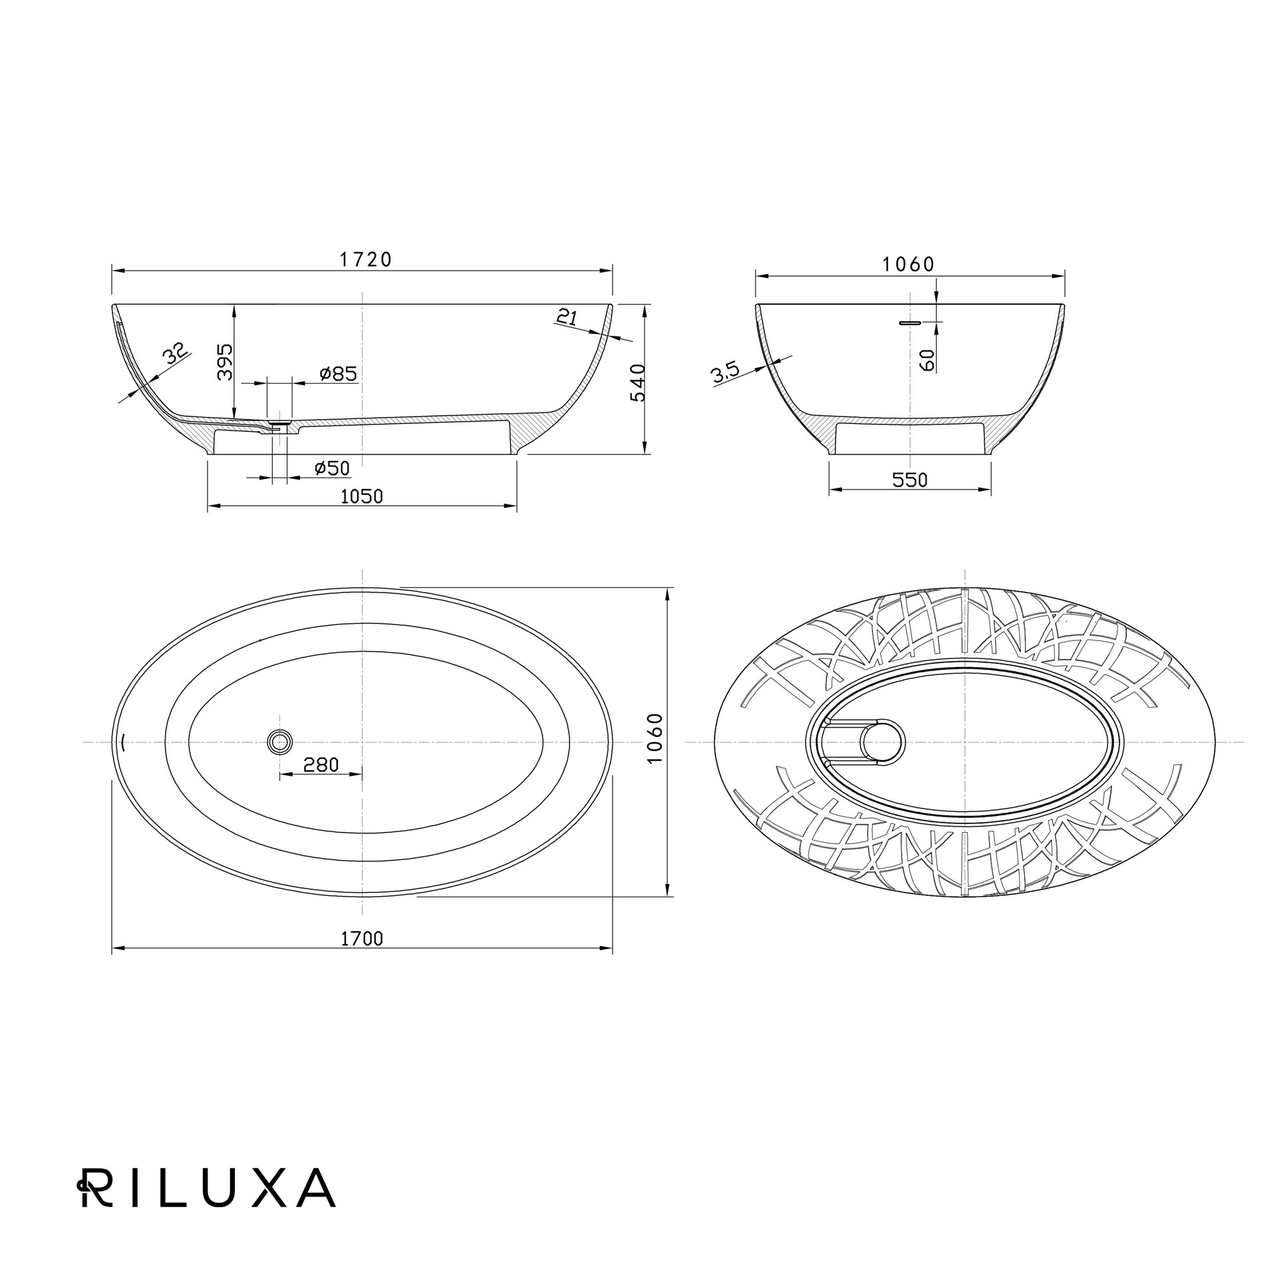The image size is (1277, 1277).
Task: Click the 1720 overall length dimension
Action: click(x=366, y=259)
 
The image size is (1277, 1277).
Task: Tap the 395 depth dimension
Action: click(x=225, y=362)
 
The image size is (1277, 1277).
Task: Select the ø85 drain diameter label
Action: click(x=338, y=374)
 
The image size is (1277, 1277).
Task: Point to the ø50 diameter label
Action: click(x=332, y=468)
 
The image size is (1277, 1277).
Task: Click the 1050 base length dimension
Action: click(x=362, y=497)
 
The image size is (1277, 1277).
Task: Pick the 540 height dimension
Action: click(x=637, y=382)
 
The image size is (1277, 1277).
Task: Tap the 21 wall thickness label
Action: click(x=567, y=318)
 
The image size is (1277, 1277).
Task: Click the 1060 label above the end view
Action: click(x=909, y=265)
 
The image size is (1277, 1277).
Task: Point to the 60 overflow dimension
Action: click(x=928, y=360)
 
